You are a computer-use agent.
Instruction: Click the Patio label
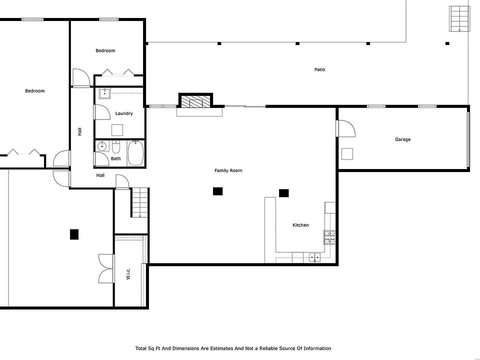pyautogui.click(x=319, y=69)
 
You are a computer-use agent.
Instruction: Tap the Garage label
pyautogui.click(x=402, y=139)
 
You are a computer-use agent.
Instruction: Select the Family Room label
pyautogui.click(x=228, y=170)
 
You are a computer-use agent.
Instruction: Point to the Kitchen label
pyautogui.click(x=300, y=225)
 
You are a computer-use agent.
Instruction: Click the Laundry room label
pyautogui.click(x=124, y=113)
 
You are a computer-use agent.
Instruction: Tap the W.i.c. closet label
pyautogui.click(x=128, y=273)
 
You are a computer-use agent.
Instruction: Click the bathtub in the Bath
pyautogui.click(x=135, y=153)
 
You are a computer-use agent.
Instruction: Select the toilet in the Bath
pyautogui.click(x=116, y=147)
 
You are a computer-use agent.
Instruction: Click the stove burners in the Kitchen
pyautogui.click(x=329, y=237)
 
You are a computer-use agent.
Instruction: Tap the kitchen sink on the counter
pyautogui.click(x=314, y=257)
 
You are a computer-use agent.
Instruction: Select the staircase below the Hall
pyautogui.click(x=140, y=202)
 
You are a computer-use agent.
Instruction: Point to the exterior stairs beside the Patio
pyautogui.click(x=459, y=18)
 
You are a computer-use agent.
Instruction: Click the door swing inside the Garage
pyautogui.click(x=346, y=128)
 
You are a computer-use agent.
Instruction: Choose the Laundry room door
pyautogui.click(x=102, y=112)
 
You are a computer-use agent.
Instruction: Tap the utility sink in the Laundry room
pyautogui.click(x=104, y=93)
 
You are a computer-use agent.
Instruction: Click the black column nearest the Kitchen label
pyautogui.click(x=284, y=193)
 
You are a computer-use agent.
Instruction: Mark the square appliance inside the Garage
pyautogui.click(x=347, y=154)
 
